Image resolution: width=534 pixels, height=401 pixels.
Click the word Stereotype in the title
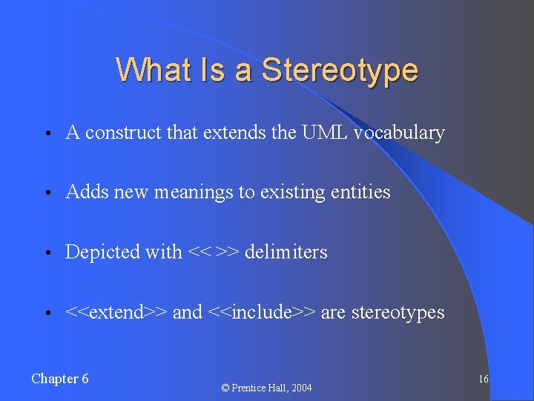point(340,71)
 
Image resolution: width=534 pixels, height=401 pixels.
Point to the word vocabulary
point(399,133)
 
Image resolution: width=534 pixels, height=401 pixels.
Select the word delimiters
point(286,252)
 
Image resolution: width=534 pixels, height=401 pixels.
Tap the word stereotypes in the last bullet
point(398,313)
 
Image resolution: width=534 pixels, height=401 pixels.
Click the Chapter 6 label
point(60,379)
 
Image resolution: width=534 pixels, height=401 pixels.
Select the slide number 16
point(483,379)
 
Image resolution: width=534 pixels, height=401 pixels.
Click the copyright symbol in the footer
point(225,388)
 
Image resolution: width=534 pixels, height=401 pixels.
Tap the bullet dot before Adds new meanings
point(47,193)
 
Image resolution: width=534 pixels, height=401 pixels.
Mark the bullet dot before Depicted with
point(47,253)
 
